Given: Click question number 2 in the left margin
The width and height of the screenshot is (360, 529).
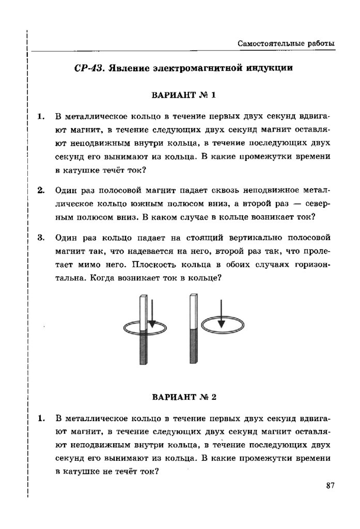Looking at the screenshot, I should click(41, 190).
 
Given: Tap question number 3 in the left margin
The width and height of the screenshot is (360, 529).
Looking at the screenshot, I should click(41, 239).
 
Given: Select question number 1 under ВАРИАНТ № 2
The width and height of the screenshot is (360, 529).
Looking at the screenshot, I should click(41, 418).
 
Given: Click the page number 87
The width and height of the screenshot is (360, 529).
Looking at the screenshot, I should click(331, 485).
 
